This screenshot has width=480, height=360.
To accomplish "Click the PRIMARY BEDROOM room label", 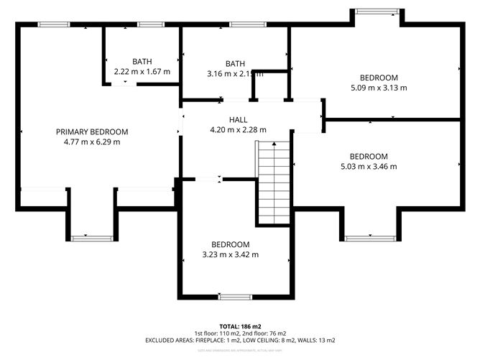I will [92, 131].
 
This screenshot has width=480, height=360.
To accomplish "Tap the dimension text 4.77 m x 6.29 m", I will [92, 142].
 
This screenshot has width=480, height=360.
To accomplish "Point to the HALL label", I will [238, 120].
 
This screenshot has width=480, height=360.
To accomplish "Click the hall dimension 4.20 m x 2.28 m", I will [238, 130].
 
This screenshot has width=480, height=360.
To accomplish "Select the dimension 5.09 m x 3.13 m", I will [379, 88].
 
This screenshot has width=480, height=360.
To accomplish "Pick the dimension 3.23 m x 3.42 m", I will [230, 254].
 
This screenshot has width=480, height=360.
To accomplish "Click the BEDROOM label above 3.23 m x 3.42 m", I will [230, 244].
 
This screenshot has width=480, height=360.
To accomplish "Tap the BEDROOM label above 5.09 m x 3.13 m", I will [379, 78].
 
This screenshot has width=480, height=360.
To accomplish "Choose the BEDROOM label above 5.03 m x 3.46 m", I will [368, 156].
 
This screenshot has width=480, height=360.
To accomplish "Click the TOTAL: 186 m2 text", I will [240, 326].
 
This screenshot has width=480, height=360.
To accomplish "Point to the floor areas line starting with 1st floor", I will [240, 333].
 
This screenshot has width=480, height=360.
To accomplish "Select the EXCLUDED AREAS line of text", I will [240, 341].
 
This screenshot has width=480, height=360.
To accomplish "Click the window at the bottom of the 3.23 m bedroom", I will [230, 296].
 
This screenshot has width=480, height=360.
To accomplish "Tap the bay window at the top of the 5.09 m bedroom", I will [376, 11].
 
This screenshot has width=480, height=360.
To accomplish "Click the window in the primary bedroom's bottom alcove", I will [91, 236].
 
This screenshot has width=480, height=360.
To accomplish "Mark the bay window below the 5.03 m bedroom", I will [368, 237].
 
